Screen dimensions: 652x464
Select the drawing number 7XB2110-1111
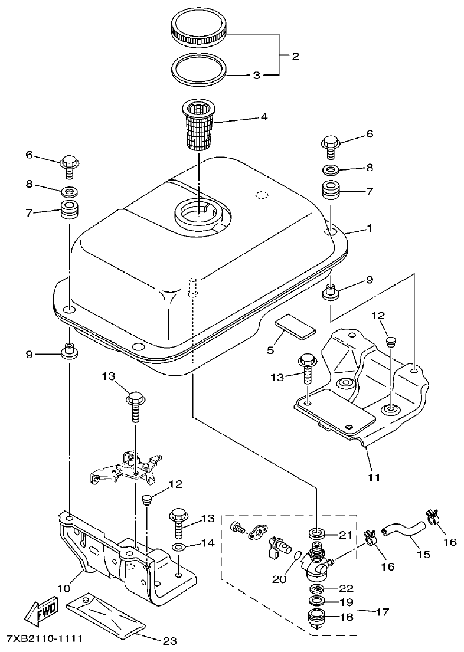coord(44,640)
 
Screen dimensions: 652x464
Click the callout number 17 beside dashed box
coord(383,612)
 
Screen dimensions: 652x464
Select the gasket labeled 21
coord(318,535)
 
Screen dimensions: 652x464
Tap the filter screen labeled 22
coord(318,589)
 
